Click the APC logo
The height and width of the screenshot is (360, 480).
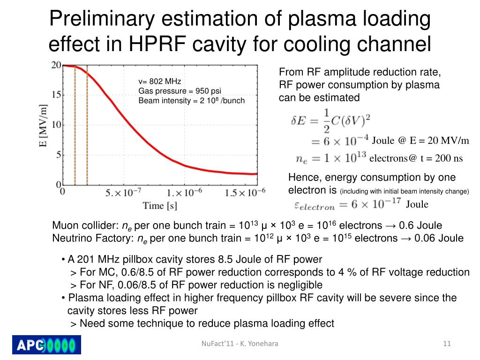click(46, 345)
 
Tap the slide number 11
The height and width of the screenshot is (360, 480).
click(447, 344)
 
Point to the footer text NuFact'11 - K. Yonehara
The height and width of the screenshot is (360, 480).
click(240, 344)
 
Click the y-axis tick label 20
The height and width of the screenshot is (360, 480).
click(56, 65)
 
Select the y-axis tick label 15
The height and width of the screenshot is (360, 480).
click(56, 95)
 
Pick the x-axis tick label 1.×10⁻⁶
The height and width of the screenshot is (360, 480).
click(186, 192)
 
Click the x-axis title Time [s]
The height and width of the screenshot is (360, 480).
click(160, 205)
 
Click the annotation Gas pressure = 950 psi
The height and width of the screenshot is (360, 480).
click(180, 91)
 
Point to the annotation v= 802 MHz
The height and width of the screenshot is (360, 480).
click(159, 82)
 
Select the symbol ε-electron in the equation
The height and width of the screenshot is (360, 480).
click(314, 205)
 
